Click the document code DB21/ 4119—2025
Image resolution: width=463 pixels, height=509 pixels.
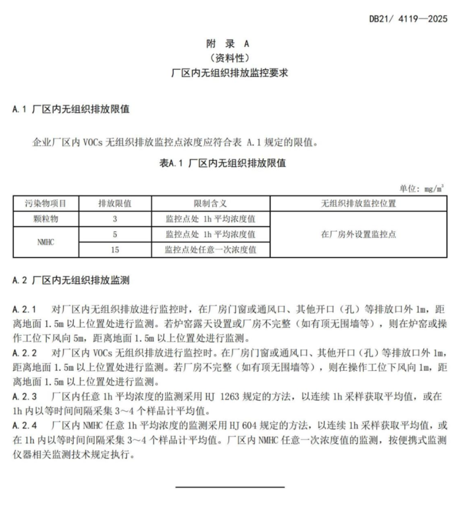coord(408,18)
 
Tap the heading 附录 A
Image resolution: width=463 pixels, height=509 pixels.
coord(228,44)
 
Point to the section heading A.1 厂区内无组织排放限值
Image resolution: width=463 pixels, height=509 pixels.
coord(71,109)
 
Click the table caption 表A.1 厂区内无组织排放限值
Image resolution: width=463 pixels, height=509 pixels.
coord(222,163)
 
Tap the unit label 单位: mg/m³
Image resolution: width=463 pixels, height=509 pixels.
coord(421,189)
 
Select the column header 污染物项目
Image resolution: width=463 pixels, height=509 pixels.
coord(46,204)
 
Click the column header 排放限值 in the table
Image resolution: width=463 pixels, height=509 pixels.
coord(115,204)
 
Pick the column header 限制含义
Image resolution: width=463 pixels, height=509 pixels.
coord(210,204)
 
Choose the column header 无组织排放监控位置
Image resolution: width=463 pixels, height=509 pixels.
coord(358,204)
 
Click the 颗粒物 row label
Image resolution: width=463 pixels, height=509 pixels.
coord(46,219)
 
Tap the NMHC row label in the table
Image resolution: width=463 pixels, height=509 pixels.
coord(46,242)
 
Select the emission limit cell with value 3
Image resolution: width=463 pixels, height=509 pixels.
coord(115,219)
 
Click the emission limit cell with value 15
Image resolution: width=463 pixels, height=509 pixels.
coord(115,250)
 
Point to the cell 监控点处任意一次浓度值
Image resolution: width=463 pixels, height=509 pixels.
coord(210,250)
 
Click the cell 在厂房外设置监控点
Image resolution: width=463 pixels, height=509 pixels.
coord(358,235)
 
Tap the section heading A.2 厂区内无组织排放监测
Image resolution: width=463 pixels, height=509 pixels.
coord(71,280)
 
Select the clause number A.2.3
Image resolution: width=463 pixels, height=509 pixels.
coord(24,396)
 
